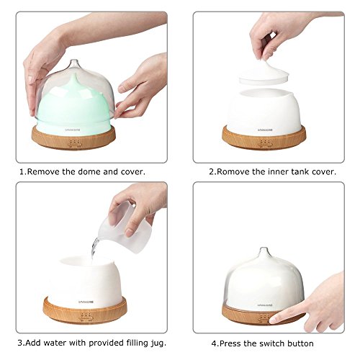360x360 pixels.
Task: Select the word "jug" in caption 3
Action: [x=156, y=343]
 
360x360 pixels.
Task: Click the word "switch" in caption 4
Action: [x=271, y=343]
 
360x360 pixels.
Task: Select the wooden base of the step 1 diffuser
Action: [x=73, y=138]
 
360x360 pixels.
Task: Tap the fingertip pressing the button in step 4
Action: [x=274, y=320]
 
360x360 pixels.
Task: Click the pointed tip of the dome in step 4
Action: [x=263, y=248]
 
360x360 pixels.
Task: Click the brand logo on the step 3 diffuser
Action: [x=86, y=302]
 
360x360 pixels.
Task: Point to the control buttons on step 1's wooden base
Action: [x=74, y=143]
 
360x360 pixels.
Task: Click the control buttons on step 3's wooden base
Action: [x=86, y=315]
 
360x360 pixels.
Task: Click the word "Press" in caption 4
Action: [x=231, y=343]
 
